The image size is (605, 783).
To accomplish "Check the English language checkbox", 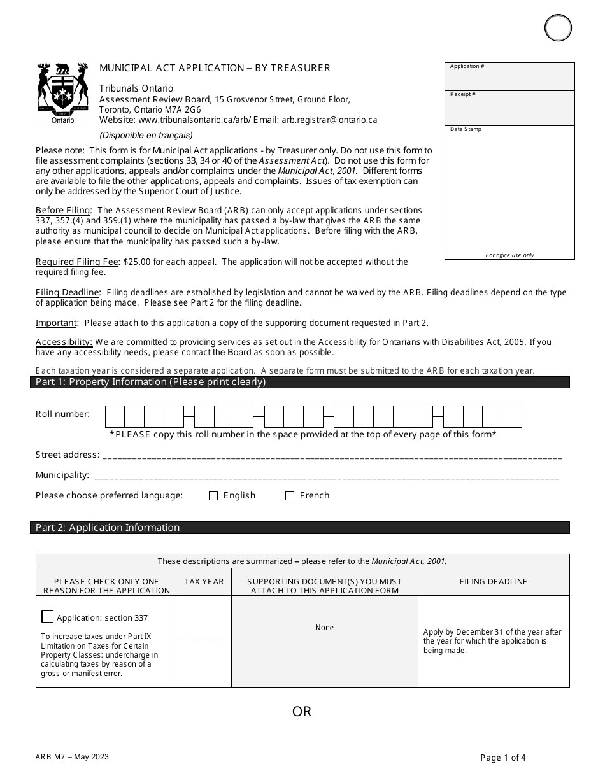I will [213, 496].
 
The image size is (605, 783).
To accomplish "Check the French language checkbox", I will [290, 496].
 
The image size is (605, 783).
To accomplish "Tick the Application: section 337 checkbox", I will [48, 617].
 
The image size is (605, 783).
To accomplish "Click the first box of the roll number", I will [115, 416].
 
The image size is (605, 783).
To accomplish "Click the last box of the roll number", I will [512, 416].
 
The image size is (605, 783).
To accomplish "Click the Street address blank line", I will [331, 456].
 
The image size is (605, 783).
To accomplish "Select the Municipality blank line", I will [326, 476].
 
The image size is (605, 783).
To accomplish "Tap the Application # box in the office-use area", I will [509, 76].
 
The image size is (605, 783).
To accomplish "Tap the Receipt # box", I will [509, 108].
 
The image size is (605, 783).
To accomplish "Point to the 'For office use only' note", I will [509, 255].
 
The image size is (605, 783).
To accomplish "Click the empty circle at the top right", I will [558, 28].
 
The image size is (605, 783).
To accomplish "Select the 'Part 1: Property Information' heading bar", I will [299, 383].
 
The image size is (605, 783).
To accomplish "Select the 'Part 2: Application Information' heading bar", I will [299, 528].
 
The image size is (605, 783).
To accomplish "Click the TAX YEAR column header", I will [204, 582].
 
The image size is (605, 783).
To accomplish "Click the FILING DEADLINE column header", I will [493, 582].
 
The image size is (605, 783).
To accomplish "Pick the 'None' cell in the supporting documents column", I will [324, 628].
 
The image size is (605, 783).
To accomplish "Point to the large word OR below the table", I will [302, 711].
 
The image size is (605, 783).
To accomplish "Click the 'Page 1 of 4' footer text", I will [503, 758].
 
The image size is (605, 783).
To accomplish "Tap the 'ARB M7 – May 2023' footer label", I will [72, 757].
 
